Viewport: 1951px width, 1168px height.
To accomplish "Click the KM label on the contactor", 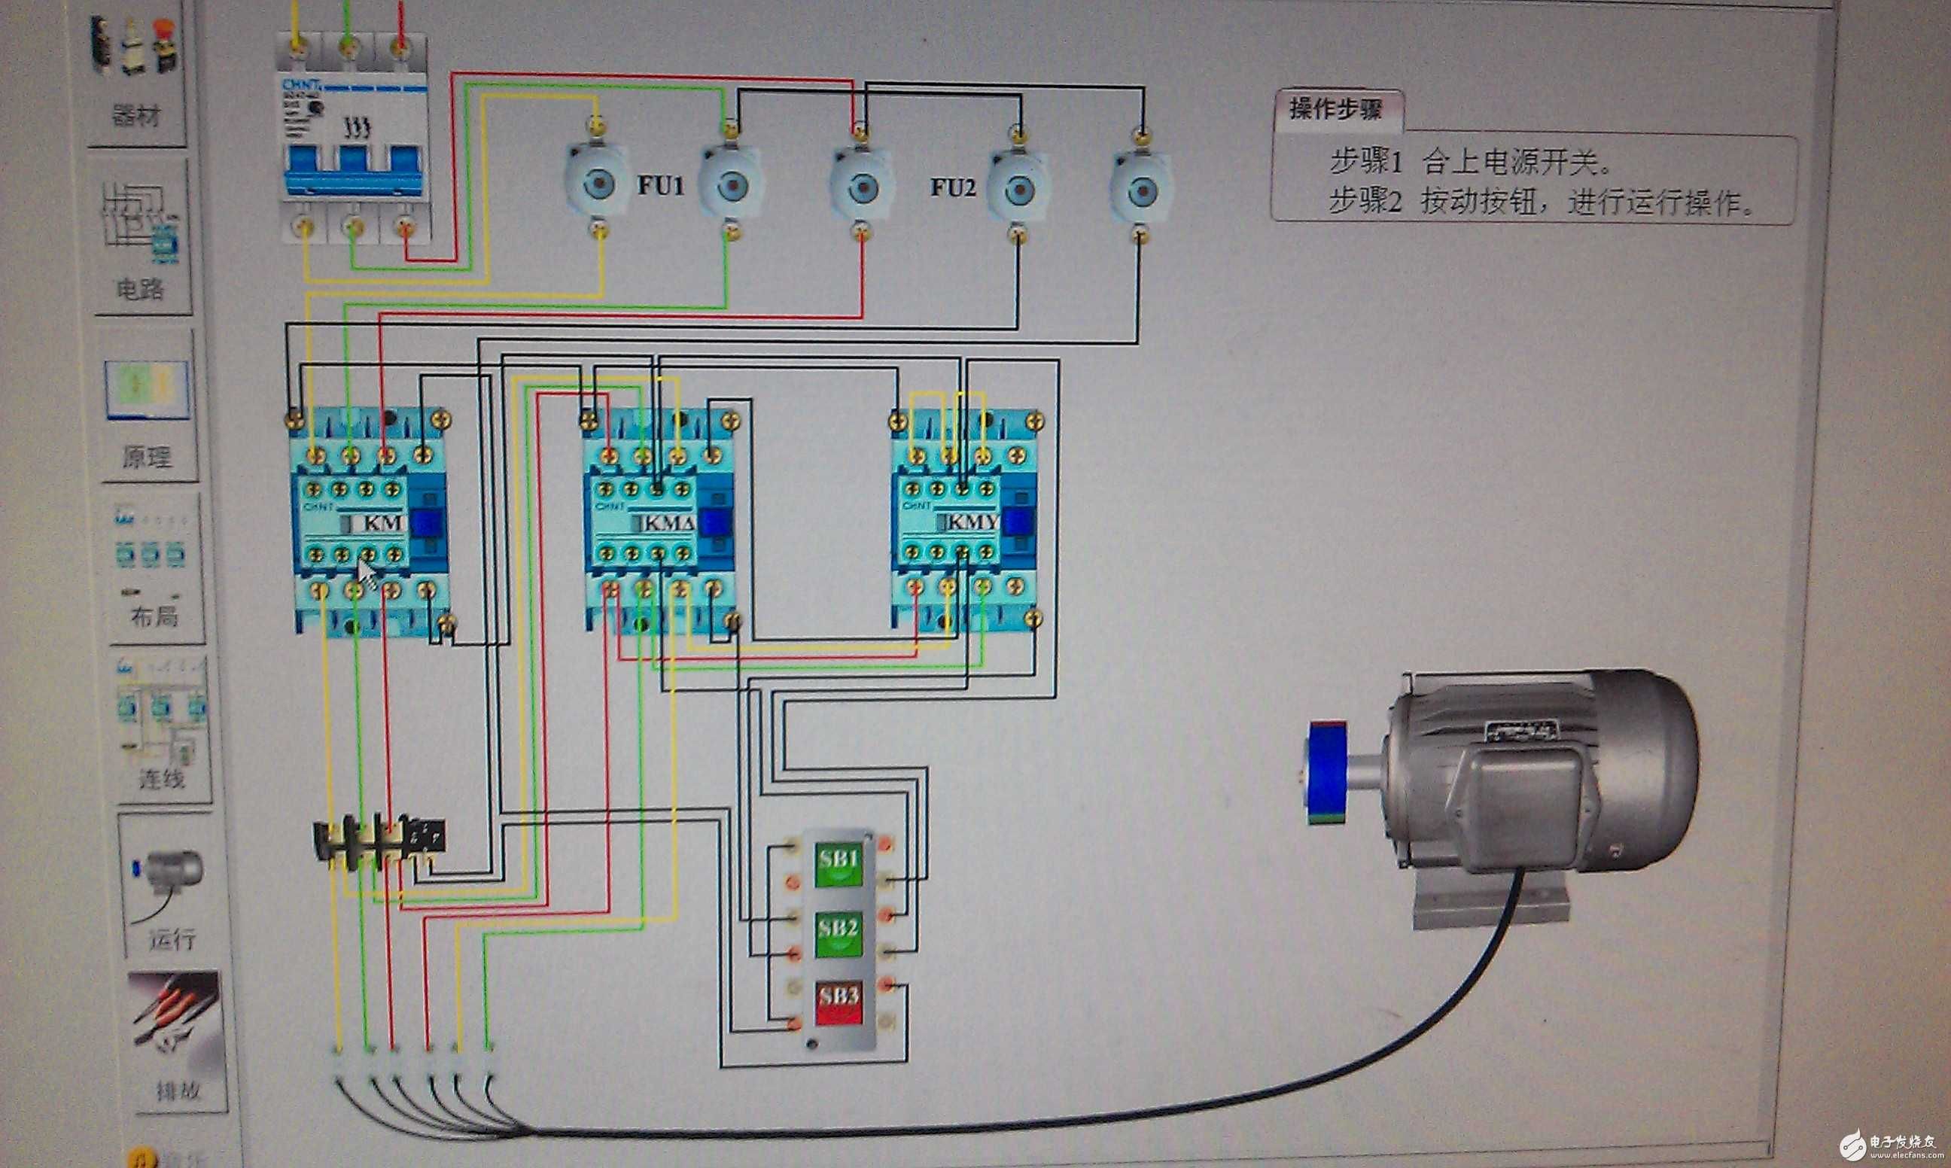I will [x=382, y=522].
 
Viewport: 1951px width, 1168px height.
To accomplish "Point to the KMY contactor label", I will [x=972, y=522].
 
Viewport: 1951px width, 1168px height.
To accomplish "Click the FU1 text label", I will [x=660, y=186].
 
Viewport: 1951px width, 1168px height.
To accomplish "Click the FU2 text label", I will [x=952, y=187].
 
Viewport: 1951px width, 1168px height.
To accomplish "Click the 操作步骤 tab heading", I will [x=1335, y=109].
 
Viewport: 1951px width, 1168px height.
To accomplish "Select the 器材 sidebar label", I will [x=136, y=116].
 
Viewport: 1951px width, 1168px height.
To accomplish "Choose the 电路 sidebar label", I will [x=140, y=290].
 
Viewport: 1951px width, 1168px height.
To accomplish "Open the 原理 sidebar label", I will [x=146, y=457].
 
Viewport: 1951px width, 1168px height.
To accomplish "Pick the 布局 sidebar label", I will [x=154, y=616].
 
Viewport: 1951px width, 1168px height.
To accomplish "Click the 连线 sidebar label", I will [x=161, y=778].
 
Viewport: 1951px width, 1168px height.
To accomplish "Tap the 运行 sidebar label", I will [x=172, y=938].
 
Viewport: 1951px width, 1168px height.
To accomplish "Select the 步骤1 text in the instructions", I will [x=1365, y=163].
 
